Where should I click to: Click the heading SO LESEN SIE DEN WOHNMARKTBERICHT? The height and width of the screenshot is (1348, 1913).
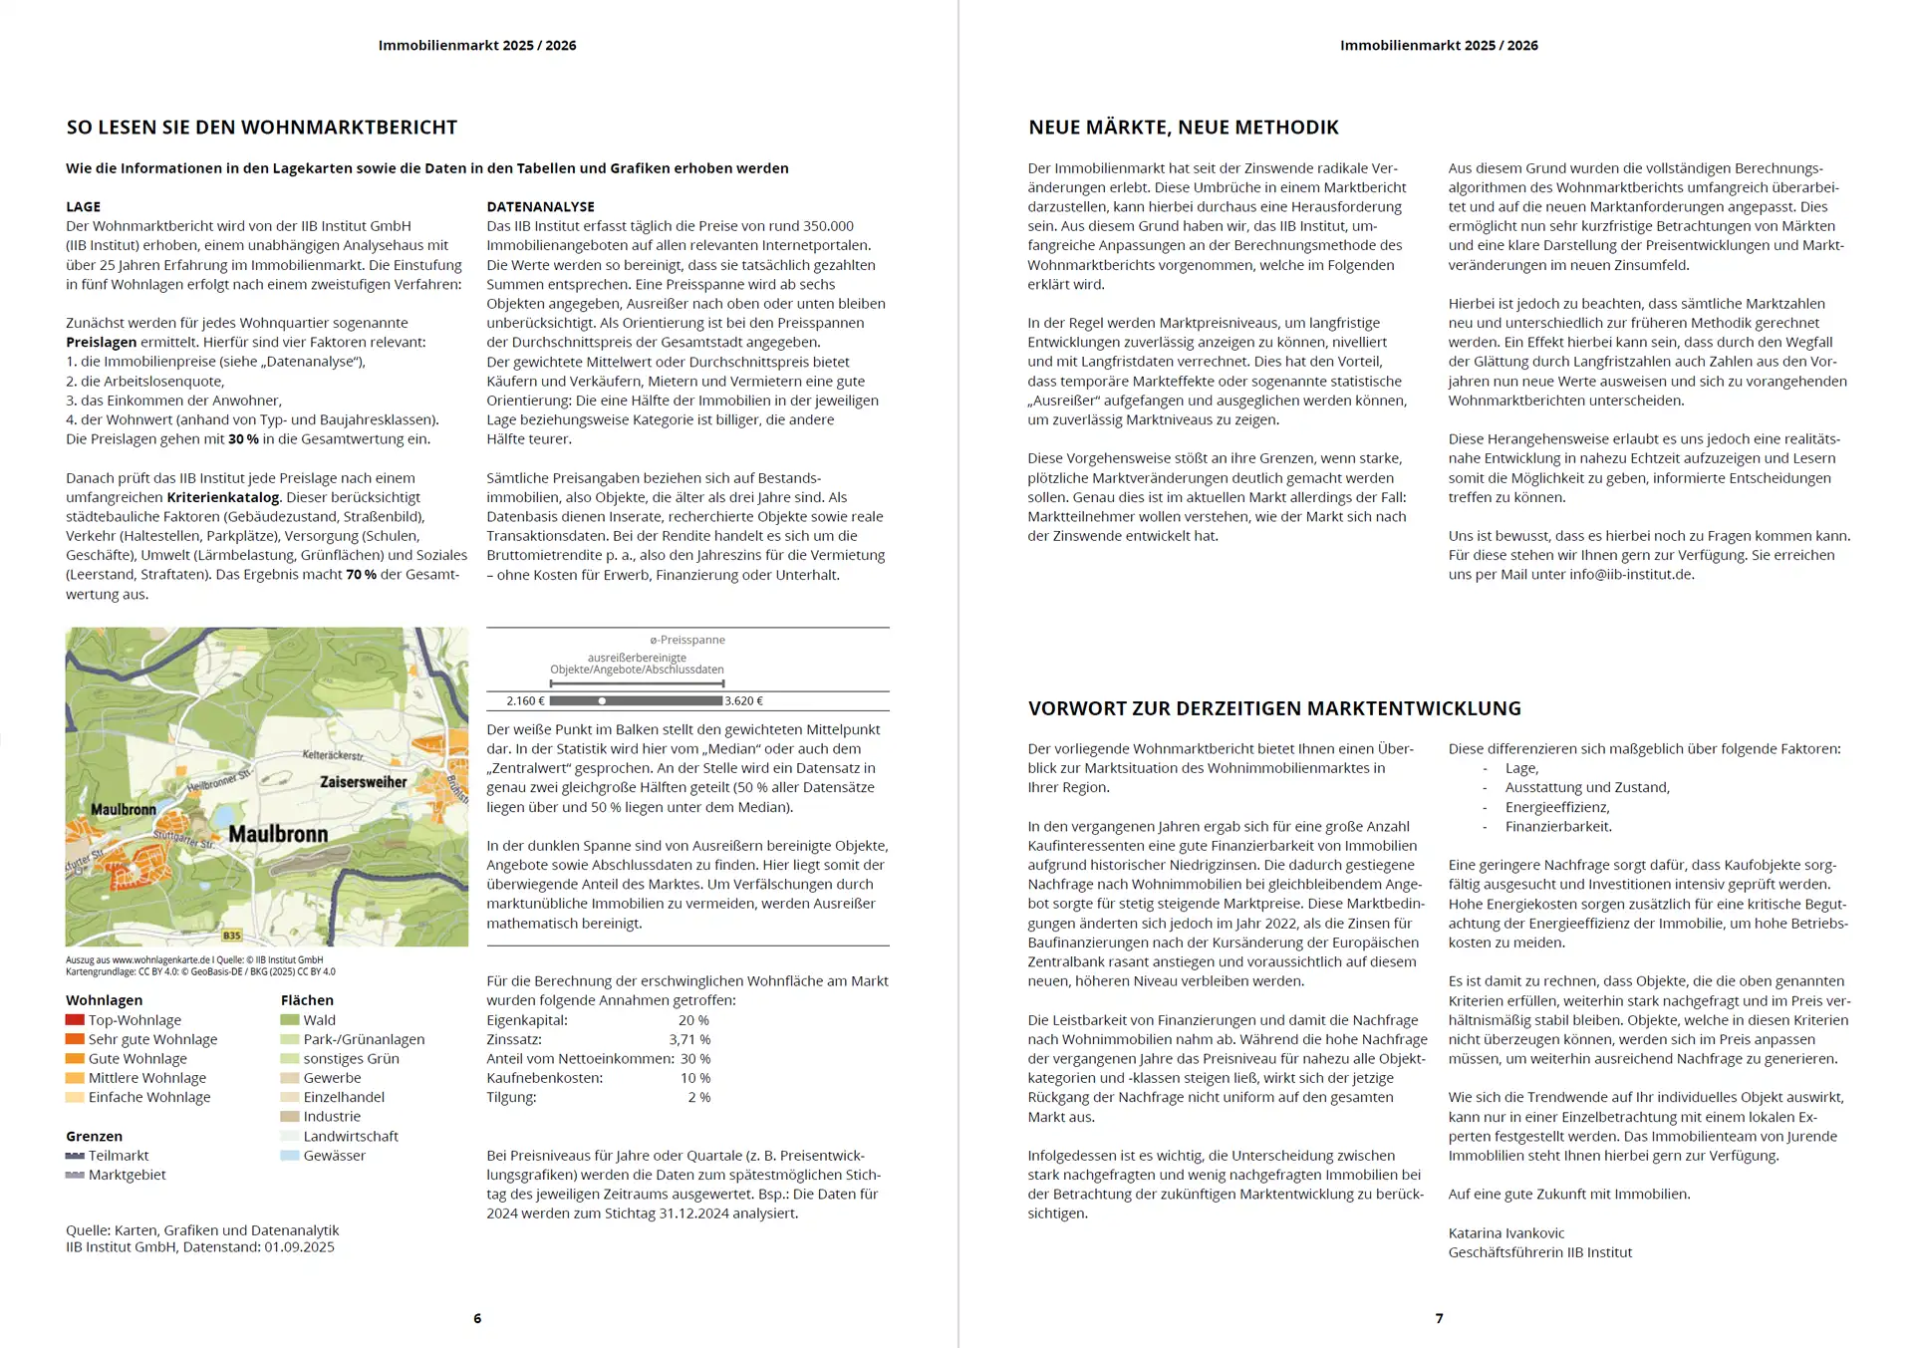click(x=262, y=128)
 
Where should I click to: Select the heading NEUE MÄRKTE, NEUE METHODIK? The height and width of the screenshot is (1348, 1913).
click(x=1184, y=128)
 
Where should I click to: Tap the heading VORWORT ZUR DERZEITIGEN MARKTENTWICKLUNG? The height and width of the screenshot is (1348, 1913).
click(x=1274, y=708)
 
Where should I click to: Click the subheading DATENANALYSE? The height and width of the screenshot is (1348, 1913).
click(x=540, y=206)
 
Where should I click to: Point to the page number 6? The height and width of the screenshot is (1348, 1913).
click(x=477, y=1318)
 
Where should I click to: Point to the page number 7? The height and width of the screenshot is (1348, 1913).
click(x=1439, y=1318)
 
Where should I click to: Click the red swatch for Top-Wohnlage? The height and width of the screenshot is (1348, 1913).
click(x=75, y=1020)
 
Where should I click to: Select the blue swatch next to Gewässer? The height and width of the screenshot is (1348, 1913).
click(x=290, y=1156)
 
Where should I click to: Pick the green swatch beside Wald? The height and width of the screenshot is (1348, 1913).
click(x=290, y=1020)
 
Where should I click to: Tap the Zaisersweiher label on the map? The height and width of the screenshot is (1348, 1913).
click(x=363, y=782)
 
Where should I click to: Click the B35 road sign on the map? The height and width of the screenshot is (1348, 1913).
click(x=231, y=936)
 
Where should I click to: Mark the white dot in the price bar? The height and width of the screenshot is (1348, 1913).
click(x=602, y=701)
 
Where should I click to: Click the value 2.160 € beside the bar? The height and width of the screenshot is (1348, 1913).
click(x=525, y=701)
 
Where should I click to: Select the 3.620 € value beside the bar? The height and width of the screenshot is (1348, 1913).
click(x=744, y=701)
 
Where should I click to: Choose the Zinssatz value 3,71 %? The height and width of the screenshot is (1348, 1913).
click(x=689, y=1039)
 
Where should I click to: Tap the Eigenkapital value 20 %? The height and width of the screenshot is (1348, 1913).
click(x=693, y=1020)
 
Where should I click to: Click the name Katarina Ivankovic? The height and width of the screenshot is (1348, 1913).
click(x=1506, y=1233)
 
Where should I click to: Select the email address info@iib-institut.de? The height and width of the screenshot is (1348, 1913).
click(x=1631, y=575)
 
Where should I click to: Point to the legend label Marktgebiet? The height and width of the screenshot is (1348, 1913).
click(x=127, y=1175)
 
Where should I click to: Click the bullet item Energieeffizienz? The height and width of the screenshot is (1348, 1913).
click(x=1557, y=807)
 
